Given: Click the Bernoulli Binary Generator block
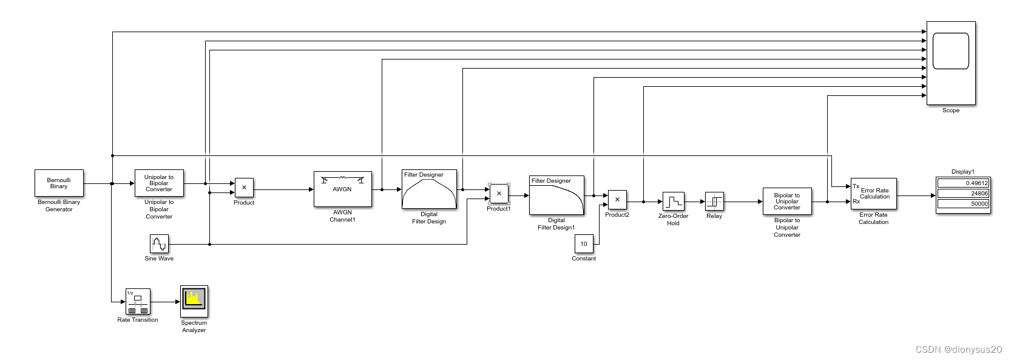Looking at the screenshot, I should [x=59, y=183].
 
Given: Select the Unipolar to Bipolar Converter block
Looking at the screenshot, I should [x=159, y=183].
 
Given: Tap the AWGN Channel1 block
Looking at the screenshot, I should [x=342, y=189].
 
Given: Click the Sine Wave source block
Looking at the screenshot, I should [x=159, y=244].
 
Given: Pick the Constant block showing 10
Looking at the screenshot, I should [x=584, y=244].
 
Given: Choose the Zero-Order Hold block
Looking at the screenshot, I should [x=673, y=202].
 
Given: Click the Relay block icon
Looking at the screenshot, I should [x=714, y=202].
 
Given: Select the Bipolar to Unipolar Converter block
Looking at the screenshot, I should [x=787, y=202].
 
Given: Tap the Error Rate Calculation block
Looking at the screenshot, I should [x=874, y=194].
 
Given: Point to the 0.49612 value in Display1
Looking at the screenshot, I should [x=963, y=183].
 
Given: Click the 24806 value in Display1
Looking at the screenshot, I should [x=963, y=193].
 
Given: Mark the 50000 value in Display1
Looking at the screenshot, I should [x=963, y=203].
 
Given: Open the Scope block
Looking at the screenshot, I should [x=951, y=63].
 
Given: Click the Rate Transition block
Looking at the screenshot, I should [x=138, y=301].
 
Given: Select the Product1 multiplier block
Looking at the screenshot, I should [x=499, y=194].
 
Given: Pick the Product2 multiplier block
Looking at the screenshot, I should [x=617, y=200].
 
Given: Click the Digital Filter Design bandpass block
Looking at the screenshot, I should [x=429, y=189].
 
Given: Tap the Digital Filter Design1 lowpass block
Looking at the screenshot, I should [x=556, y=195].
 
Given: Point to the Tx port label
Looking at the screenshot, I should [x=856, y=186].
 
